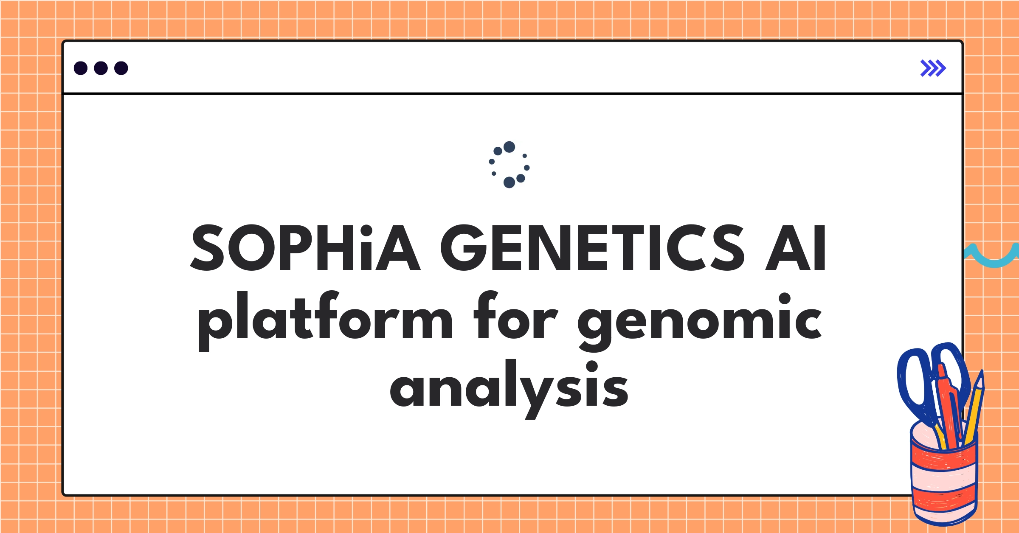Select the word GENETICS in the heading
(x=592, y=248)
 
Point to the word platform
(x=325, y=318)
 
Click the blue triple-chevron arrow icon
(x=933, y=68)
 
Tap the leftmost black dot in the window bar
(x=81, y=68)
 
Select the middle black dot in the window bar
(x=101, y=68)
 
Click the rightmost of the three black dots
(x=121, y=68)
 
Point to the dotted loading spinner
(x=509, y=165)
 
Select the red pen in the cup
(x=949, y=407)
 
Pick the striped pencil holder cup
(x=943, y=480)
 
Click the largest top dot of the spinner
(x=509, y=147)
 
